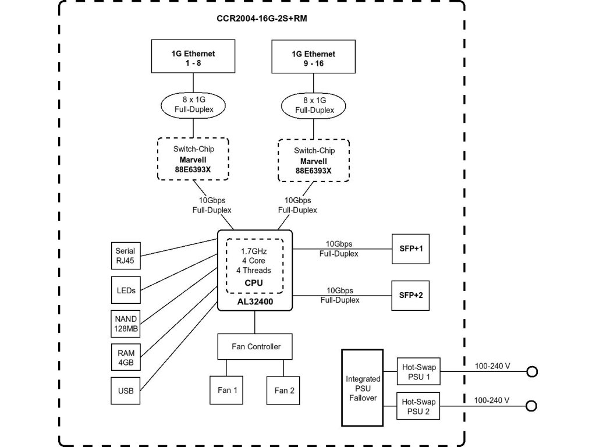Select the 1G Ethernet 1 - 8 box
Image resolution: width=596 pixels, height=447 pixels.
pyautogui.click(x=193, y=57)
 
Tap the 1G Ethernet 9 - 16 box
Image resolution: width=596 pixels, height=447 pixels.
pyautogui.click(x=313, y=58)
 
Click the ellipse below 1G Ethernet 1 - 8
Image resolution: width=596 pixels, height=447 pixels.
pyautogui.click(x=193, y=104)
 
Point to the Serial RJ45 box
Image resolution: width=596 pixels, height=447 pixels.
pyautogui.click(x=125, y=256)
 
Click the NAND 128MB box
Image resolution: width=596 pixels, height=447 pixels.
pyautogui.click(x=125, y=324)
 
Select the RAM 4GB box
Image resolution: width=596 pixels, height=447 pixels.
pyautogui.click(x=125, y=357)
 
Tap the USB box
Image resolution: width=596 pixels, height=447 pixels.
pyautogui.click(x=125, y=391)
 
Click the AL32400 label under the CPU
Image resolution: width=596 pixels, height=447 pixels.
pyautogui.click(x=254, y=303)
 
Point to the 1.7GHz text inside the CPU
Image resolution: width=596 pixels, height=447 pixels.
pyautogui.click(x=254, y=251)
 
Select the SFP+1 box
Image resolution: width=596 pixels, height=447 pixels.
pyautogui.click(x=411, y=249)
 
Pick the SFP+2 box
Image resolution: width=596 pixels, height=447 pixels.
pyautogui.click(x=411, y=296)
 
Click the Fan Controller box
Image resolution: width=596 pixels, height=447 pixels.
pyautogui.click(x=256, y=346)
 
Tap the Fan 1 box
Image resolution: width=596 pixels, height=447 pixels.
pyautogui.click(x=227, y=390)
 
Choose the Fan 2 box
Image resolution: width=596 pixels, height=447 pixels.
pyautogui.click(x=284, y=390)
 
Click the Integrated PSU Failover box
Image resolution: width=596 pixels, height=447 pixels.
pyautogui.click(x=363, y=388)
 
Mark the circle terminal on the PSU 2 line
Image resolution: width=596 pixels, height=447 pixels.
pyautogui.click(x=531, y=406)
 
